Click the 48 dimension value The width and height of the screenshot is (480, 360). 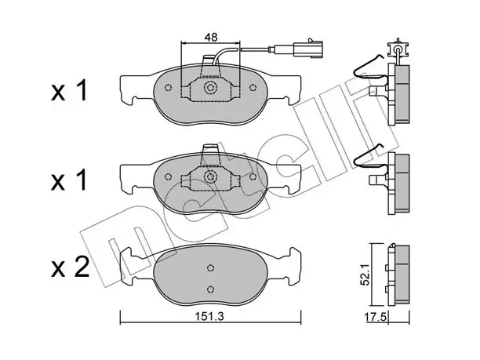click(211, 38)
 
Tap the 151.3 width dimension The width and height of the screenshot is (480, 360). click(210, 316)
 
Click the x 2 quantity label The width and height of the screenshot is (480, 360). click(71, 267)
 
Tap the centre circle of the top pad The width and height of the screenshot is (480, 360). click(211, 88)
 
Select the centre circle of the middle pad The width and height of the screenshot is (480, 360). click(211, 176)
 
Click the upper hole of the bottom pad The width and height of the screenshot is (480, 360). click(210, 268)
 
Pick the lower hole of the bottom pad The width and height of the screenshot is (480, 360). click(210, 289)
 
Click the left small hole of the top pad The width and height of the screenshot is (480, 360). click(168, 88)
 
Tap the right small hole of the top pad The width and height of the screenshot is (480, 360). click(253, 88)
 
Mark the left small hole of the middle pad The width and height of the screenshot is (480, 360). click(168, 176)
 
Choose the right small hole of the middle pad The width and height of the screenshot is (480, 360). click(253, 176)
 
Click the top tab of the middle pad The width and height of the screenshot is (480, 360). click(211, 150)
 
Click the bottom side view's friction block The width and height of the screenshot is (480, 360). click(402, 275)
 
